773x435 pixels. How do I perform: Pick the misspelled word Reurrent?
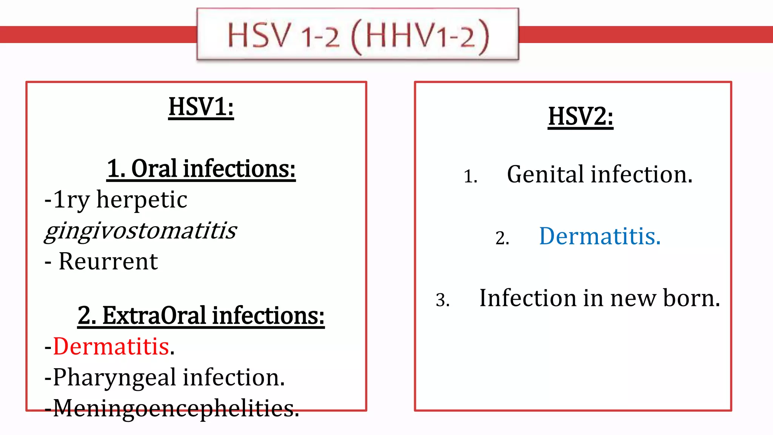pos(108,261)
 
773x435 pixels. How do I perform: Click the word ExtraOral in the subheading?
pos(154,316)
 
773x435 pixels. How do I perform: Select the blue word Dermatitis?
pos(599,236)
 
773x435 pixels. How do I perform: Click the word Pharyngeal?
pos(114,377)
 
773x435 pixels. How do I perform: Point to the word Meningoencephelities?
pos(176,408)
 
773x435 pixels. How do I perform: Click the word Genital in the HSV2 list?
pos(545,174)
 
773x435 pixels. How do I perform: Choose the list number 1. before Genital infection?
pos(470,176)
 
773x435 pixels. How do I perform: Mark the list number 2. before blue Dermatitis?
pos(502,238)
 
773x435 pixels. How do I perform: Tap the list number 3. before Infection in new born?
pos(442,300)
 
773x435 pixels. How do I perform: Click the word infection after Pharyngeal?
pos(234,377)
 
